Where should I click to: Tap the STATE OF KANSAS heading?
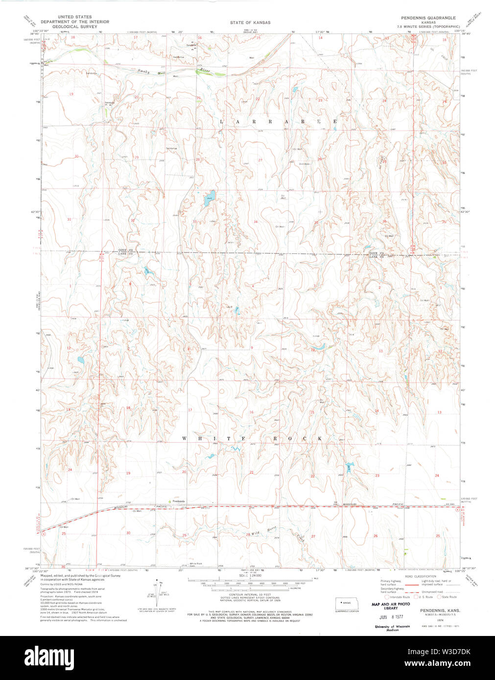click(x=250, y=23)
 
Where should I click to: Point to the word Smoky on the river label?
click(x=143, y=71)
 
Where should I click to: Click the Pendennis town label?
click(x=179, y=501)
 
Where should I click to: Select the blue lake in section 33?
click(x=209, y=199)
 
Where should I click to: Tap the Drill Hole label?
click(x=305, y=164)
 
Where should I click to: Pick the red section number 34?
click(x=256, y=222)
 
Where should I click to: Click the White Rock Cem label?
click(x=196, y=565)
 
